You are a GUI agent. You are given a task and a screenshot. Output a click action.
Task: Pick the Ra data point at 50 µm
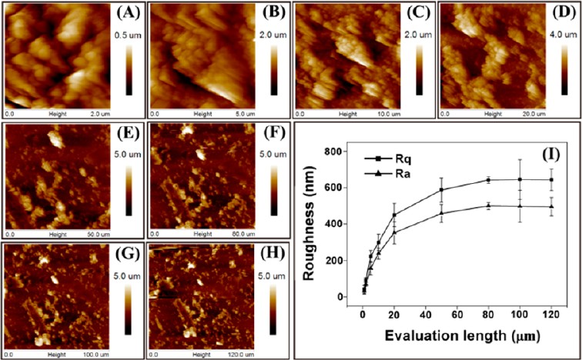(442, 213)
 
